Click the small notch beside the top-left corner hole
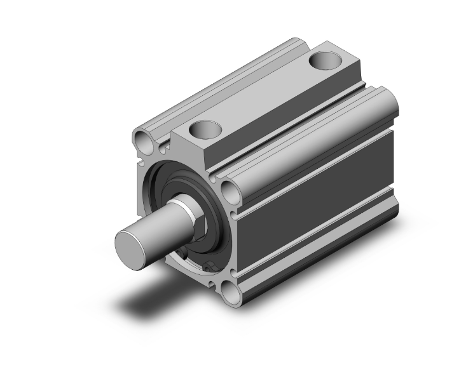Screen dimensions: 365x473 click(163, 147)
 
